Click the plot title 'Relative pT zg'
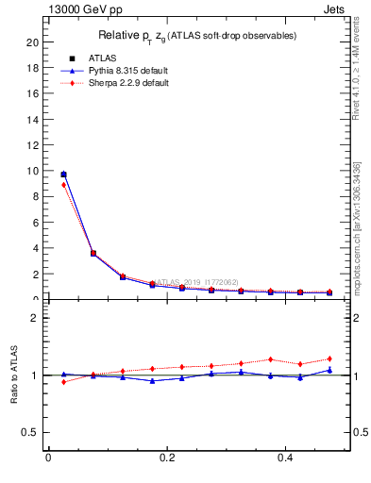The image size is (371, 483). pyautogui.click(x=197, y=36)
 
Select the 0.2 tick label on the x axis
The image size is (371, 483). pyautogui.click(x=166, y=458)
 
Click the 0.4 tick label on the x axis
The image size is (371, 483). pyautogui.click(x=285, y=458)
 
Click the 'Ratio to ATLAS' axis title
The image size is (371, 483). pyautogui.click(x=15, y=375)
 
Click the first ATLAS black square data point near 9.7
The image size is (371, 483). pyautogui.click(x=63, y=175)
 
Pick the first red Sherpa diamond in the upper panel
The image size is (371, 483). pyautogui.click(x=63, y=185)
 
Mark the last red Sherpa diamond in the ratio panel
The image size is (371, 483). pyautogui.click(x=329, y=358)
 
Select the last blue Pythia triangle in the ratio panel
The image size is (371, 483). pyautogui.click(x=329, y=370)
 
